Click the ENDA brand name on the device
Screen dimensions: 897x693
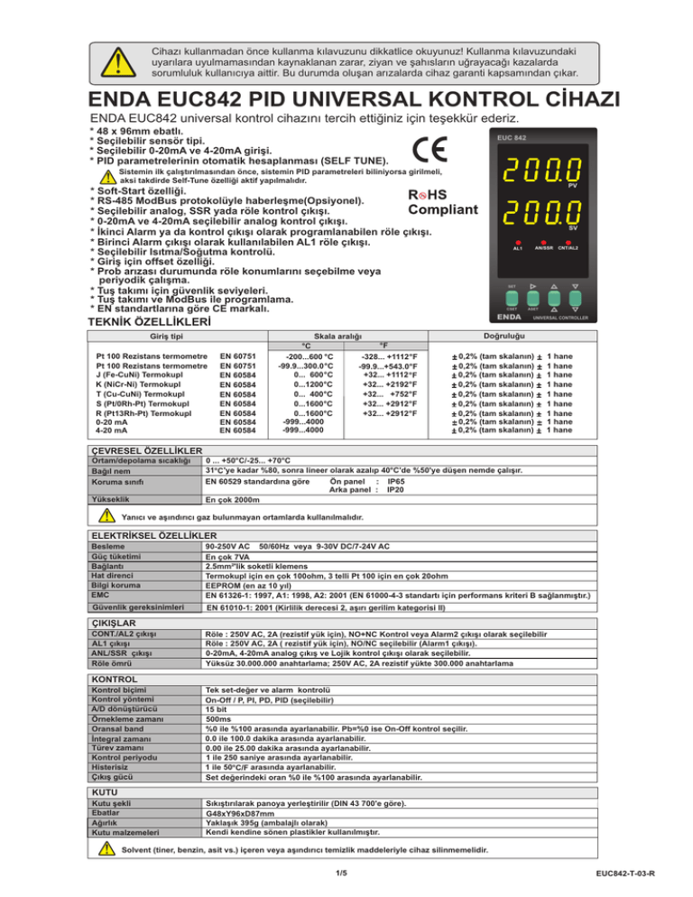513,317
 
